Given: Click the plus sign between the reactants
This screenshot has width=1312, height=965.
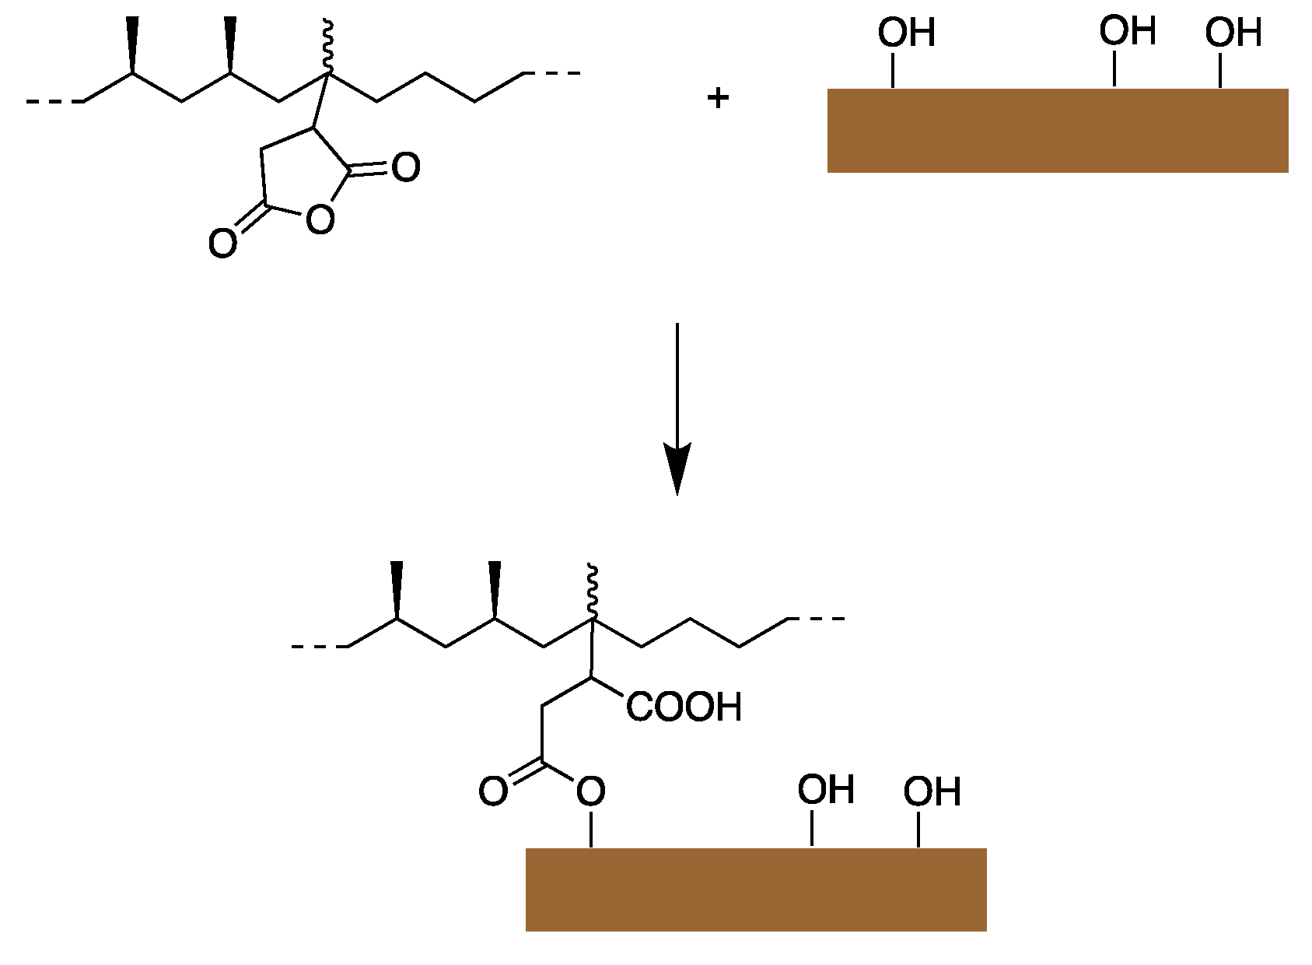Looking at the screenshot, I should click(x=717, y=98).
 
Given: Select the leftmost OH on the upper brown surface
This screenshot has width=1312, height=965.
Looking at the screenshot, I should click(x=906, y=33).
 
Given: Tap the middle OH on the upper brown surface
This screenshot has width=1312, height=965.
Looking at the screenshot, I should click(x=1127, y=32).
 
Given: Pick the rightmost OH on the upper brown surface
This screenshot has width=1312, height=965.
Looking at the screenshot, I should click(x=1233, y=33).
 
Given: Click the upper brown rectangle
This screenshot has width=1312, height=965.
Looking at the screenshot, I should click(x=1057, y=130).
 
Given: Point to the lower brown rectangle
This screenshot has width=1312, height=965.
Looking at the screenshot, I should click(x=755, y=890).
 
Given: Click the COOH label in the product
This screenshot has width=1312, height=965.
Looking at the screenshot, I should click(x=684, y=707).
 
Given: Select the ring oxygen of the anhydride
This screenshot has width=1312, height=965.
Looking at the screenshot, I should click(x=320, y=219).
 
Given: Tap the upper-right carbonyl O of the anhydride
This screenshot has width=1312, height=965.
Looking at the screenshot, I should click(x=405, y=167).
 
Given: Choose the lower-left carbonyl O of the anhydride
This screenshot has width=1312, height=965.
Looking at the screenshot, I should click(x=222, y=244).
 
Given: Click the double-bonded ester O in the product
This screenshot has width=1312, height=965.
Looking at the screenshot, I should click(x=493, y=791).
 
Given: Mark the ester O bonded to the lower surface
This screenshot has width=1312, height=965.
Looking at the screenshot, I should click(x=590, y=791).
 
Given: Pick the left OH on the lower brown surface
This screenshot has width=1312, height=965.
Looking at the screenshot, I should click(x=825, y=790).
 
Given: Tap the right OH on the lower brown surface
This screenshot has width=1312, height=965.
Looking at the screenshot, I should click(x=932, y=791).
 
